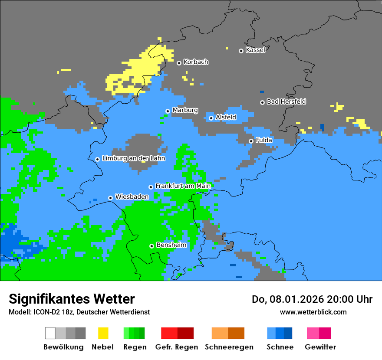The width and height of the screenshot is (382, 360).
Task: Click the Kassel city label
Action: click(x=255, y=50)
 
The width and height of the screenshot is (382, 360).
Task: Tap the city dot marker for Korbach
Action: click(x=179, y=63)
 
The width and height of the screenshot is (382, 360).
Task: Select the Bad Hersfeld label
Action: click(x=286, y=101)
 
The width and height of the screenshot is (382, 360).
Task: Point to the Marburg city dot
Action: click(x=168, y=111)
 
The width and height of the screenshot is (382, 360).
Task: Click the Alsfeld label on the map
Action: click(x=226, y=117)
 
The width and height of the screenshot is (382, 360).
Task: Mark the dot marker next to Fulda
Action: click(x=251, y=141)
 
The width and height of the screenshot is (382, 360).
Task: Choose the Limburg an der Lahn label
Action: click(x=133, y=158)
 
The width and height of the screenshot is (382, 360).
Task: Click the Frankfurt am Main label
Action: click(x=183, y=186)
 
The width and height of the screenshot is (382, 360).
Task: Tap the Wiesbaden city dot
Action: click(x=110, y=198)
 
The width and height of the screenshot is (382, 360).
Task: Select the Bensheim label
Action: click(x=171, y=245)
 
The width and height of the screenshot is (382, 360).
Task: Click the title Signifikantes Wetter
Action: click(x=72, y=299)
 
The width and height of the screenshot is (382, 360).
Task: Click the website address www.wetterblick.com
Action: click(x=313, y=312)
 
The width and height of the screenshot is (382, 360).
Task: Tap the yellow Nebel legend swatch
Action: click(x=103, y=333)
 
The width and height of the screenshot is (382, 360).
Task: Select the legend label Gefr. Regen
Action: click(x=177, y=347)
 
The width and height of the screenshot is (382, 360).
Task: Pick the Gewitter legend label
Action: click(x=320, y=347)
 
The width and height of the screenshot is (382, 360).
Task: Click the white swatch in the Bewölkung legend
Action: click(x=50, y=333)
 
